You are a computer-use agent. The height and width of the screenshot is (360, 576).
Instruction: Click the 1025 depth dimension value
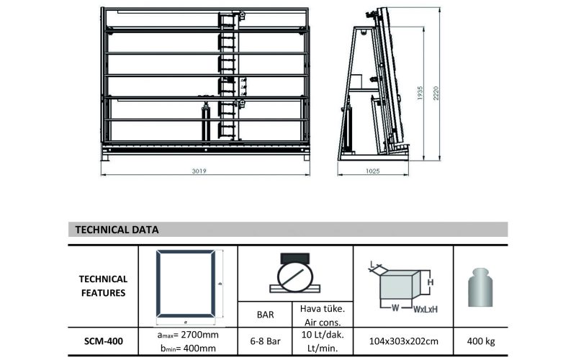[372, 171]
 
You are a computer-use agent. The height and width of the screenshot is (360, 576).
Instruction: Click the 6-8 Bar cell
[266, 341]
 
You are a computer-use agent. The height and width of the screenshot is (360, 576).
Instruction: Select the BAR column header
[266, 314]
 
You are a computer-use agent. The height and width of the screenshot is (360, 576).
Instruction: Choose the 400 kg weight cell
[480, 341]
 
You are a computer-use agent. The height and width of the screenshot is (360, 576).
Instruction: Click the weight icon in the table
[480, 287]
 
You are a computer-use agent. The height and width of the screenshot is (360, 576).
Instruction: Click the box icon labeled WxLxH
[402, 287]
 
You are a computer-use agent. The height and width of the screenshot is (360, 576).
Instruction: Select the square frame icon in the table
[186, 284]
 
